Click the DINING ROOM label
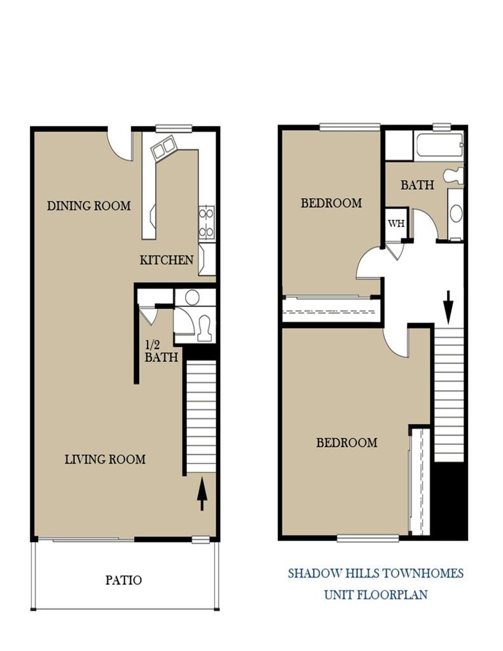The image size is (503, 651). pos(89,205)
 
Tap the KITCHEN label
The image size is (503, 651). pos(167,259)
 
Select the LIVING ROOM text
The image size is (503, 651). pos(105,459)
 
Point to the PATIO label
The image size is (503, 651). pos(123,580)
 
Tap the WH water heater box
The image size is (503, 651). pos(396,223)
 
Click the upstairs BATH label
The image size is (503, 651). pos(417,185)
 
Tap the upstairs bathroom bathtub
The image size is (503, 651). pos(439,147)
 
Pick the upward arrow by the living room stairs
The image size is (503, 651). pos(202,494)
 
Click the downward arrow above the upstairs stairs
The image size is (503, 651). pos(448,306)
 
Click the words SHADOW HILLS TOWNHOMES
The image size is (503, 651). pos(375,573)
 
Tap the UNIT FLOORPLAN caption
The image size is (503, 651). pos(375,595)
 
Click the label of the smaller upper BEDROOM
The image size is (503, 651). pos(331,203)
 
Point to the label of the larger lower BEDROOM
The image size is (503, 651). pos(347,442)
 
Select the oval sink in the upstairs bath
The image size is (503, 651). pos(456,213)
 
